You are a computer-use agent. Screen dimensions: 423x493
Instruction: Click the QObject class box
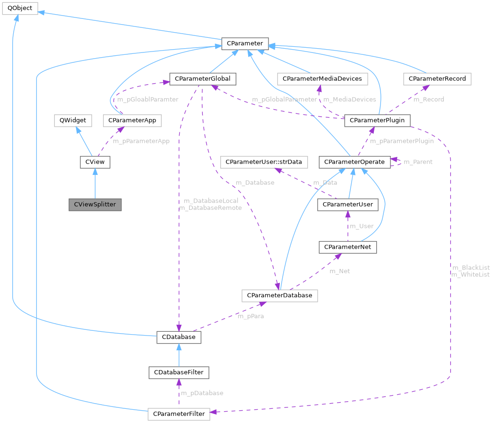(19, 9)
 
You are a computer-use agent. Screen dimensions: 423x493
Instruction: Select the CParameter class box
(245, 44)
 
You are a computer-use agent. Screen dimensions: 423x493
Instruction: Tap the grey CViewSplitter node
(95, 205)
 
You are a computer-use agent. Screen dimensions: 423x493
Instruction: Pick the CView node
(95, 162)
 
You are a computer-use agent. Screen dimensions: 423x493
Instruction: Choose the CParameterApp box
(132, 120)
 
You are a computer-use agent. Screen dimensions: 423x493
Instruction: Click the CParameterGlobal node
(203, 78)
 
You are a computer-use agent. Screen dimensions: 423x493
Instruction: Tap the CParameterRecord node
(437, 78)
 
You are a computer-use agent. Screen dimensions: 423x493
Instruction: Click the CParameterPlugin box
(377, 120)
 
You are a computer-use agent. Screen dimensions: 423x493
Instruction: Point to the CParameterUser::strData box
(264, 162)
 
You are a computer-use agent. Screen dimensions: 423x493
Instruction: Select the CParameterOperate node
(355, 162)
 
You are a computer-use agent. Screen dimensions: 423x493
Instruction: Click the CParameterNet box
(348, 247)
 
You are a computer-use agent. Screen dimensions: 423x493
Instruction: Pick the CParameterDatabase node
(279, 295)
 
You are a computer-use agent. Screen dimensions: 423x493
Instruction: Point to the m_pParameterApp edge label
(141, 141)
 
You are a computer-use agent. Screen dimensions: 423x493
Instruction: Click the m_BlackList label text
(470, 268)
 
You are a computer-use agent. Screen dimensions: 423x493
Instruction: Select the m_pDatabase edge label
(202, 393)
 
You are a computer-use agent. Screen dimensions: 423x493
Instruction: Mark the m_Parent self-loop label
(418, 162)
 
